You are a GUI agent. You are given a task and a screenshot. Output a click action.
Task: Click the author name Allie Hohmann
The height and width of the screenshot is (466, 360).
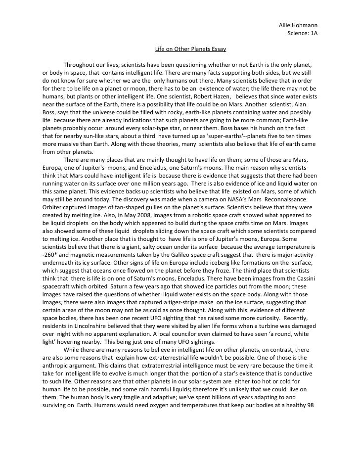click(x=298, y=25)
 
